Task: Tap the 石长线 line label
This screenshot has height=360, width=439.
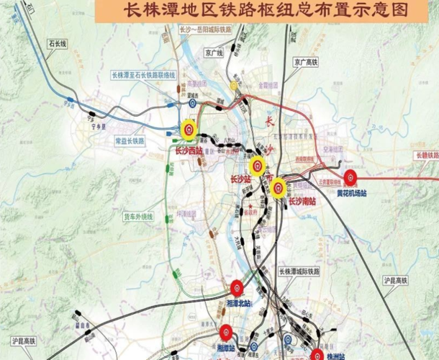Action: tap(57, 45)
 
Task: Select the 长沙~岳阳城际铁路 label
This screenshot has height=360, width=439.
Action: tap(205, 30)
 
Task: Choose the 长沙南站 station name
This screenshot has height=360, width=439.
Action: tap(302, 202)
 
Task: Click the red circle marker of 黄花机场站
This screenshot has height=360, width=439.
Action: tap(351, 179)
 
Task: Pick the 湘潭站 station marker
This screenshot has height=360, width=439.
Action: tap(225, 333)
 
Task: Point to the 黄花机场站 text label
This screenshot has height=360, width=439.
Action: tap(352, 194)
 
